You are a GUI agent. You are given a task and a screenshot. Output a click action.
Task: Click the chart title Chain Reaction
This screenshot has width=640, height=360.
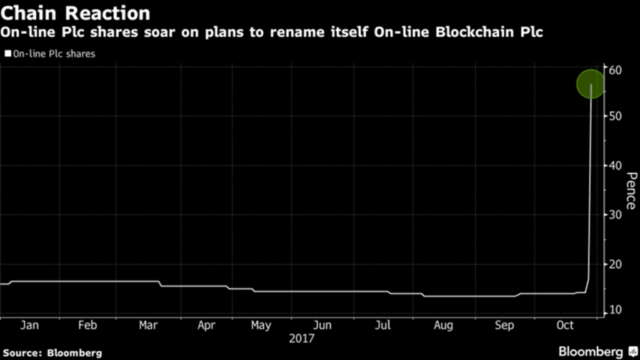76,13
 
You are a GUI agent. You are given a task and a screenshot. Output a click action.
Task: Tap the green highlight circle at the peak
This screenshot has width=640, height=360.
591,84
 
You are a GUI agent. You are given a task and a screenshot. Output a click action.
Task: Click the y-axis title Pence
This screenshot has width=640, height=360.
630,191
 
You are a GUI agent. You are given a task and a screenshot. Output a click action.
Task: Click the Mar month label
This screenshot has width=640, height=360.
148,326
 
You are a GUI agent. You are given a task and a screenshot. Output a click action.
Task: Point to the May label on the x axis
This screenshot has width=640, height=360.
261,326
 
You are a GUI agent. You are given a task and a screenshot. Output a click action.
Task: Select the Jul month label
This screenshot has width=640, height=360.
383,326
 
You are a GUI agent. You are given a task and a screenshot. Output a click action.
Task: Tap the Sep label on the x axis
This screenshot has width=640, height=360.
504,326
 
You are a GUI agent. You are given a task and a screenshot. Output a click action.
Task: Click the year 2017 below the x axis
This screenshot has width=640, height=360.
302,338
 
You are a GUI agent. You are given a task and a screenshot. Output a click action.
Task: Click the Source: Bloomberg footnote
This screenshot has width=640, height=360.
51,353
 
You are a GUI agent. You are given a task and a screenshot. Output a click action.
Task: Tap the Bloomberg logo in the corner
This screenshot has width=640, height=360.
594,351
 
